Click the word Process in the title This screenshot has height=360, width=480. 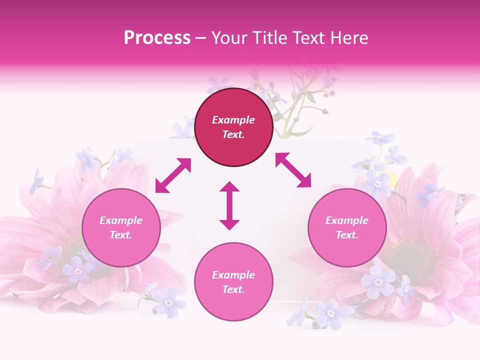[157, 38]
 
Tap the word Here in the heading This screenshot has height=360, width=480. [349, 38]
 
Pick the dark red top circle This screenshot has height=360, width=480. [233, 127]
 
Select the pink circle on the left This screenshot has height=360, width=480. [121, 227]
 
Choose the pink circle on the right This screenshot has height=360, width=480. [347, 227]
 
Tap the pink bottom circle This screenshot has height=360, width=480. [233, 282]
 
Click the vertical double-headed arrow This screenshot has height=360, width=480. [229, 205]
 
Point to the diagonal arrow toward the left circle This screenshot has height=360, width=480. [173, 175]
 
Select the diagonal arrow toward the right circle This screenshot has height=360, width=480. [293, 170]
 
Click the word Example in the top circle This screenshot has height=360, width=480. [233, 120]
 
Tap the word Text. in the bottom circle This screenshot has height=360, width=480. [233, 289]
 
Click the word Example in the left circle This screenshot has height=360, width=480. [121, 220]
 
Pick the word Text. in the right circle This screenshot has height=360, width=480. [347, 235]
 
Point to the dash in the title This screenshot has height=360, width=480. [201, 38]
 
